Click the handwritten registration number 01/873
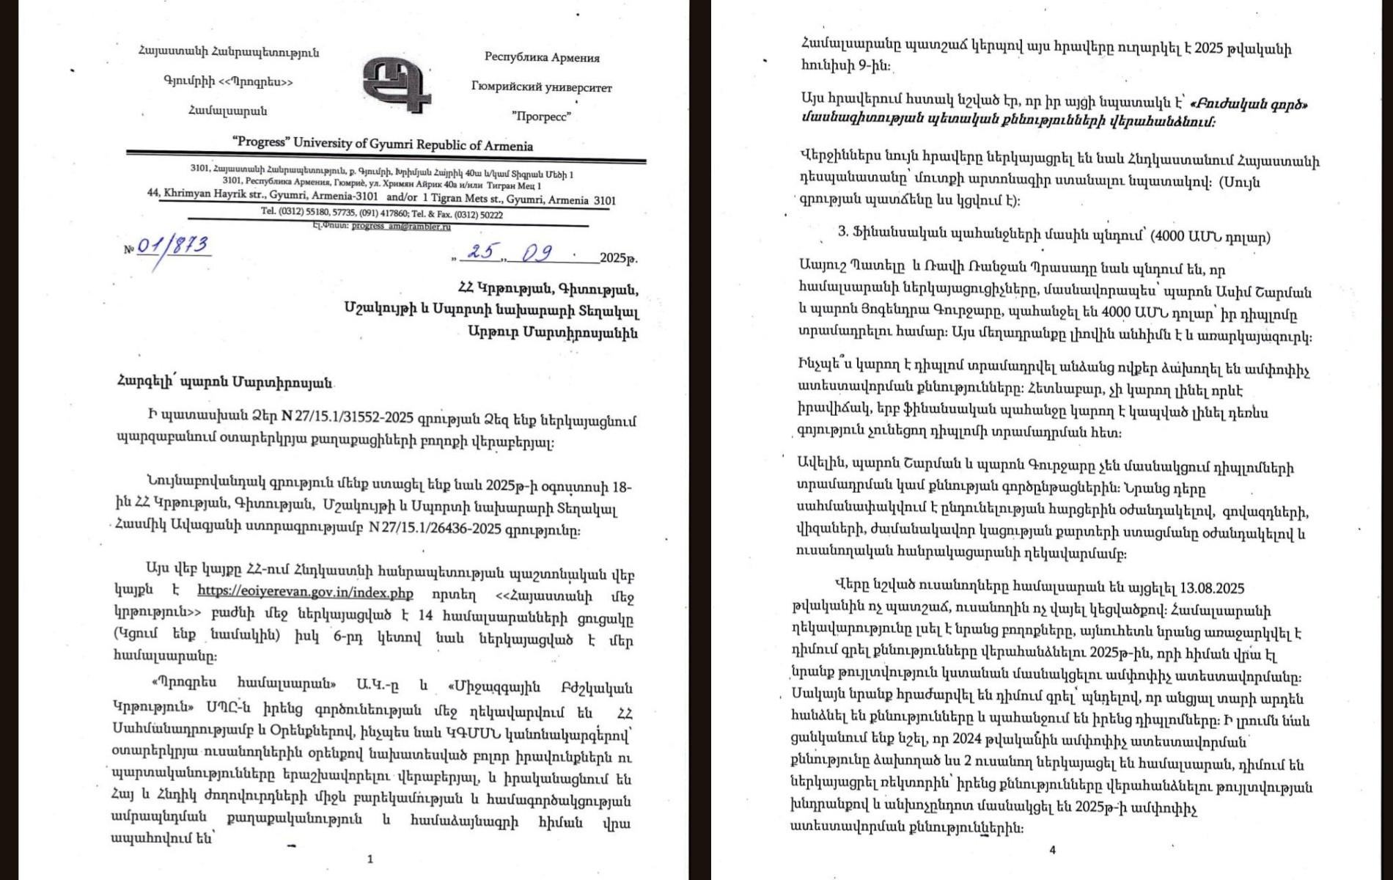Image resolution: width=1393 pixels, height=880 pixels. click(173, 246)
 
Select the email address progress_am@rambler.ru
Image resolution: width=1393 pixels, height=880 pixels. click(401, 227)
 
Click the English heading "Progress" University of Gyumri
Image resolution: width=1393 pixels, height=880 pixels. click(382, 144)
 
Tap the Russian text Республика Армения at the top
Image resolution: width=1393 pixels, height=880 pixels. click(542, 57)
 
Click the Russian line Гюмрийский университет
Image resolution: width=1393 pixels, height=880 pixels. click(541, 87)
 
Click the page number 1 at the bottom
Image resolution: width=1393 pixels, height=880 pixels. click(370, 859)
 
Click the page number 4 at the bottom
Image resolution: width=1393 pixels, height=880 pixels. click(1052, 850)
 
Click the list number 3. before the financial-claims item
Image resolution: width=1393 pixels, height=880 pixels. click(843, 232)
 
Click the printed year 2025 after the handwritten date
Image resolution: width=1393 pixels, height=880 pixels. click(614, 258)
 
